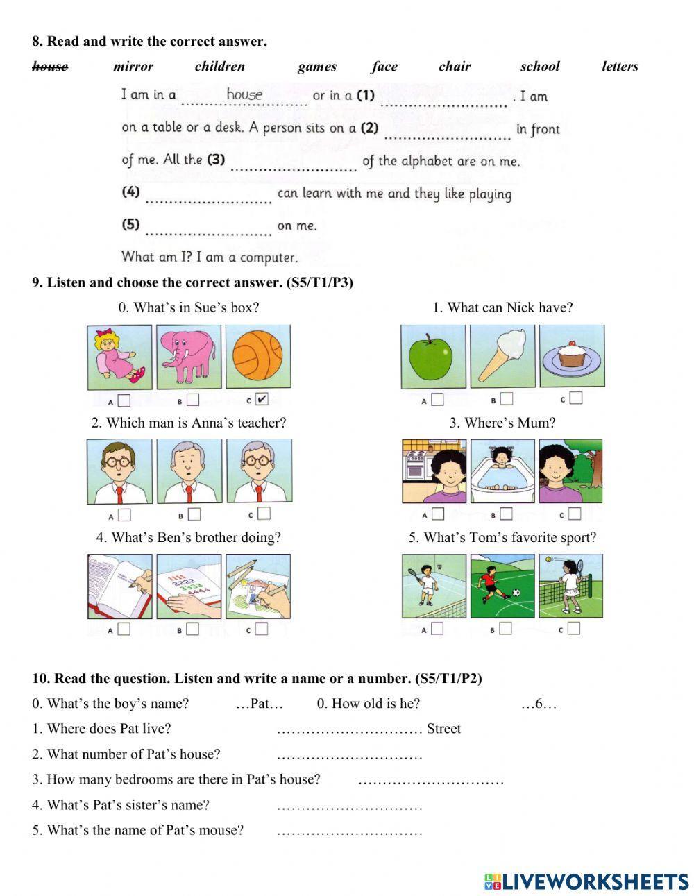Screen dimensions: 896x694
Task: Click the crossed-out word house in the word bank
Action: (x=50, y=67)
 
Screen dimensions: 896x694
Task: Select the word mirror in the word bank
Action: (x=133, y=67)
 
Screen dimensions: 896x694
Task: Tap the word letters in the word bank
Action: (x=620, y=67)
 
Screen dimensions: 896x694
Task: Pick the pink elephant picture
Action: (x=189, y=357)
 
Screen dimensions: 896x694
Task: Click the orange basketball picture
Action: (x=257, y=357)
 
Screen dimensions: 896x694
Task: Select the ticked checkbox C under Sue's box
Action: (x=262, y=399)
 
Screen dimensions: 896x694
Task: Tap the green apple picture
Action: (x=433, y=357)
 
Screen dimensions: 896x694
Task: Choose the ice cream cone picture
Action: (x=502, y=357)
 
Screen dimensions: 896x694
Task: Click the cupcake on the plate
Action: (x=571, y=357)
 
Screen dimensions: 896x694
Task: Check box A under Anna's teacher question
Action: (x=124, y=515)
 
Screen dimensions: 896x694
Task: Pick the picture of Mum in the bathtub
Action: (x=502, y=471)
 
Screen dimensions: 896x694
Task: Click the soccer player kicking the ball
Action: (x=502, y=586)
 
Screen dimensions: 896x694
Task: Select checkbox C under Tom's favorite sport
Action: (x=574, y=629)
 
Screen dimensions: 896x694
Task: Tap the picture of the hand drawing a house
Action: (x=257, y=586)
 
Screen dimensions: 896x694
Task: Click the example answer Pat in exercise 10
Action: (x=260, y=704)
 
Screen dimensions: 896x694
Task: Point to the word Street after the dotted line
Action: (x=443, y=729)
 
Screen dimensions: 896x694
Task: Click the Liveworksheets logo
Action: (x=586, y=881)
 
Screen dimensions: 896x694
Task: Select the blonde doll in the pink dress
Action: (x=120, y=357)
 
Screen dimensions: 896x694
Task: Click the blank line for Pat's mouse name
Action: (x=349, y=831)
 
